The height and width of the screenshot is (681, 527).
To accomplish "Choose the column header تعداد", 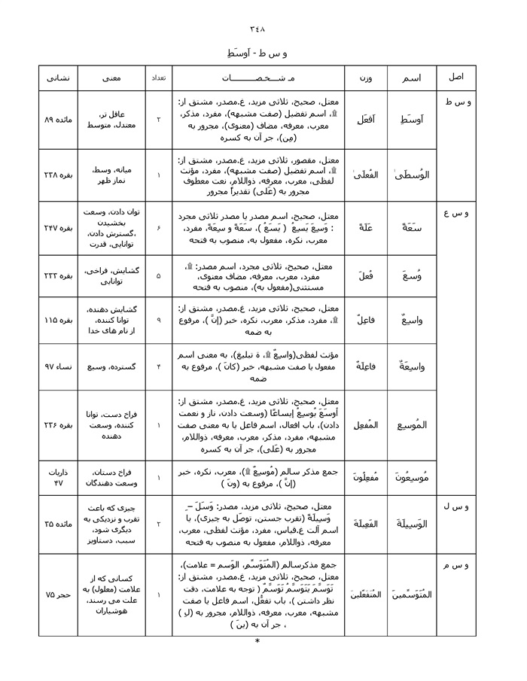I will pyautogui.click(x=158, y=78).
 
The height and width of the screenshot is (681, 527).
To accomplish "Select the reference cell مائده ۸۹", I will pyautogui.click(x=58, y=120).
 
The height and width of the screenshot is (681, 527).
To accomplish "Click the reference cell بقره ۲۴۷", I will pyautogui.click(x=58, y=227).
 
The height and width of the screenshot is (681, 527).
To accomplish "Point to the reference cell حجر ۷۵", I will pyautogui.click(x=58, y=594).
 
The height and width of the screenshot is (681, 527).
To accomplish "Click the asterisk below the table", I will pyautogui.click(x=257, y=642).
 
